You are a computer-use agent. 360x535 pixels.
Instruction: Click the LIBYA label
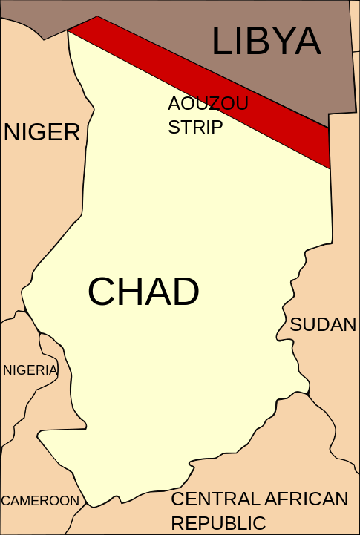coord(266,41)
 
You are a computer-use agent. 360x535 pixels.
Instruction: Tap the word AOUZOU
coord(208,104)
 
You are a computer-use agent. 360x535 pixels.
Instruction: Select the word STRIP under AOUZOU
coord(195,127)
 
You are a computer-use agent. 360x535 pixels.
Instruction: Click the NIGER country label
coord(42,132)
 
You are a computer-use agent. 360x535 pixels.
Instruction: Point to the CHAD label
coord(143,292)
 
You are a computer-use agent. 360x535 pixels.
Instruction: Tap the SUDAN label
coord(323,324)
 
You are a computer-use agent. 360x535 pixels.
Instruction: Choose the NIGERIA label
coord(30,370)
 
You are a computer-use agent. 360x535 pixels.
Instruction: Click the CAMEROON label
coord(40,501)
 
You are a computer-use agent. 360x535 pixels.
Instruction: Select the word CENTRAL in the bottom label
coord(213,499)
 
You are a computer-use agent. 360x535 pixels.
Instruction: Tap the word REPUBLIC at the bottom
coord(218,522)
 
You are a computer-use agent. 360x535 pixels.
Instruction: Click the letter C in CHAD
coord(102,292)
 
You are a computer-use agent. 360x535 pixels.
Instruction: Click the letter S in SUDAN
coord(296,324)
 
